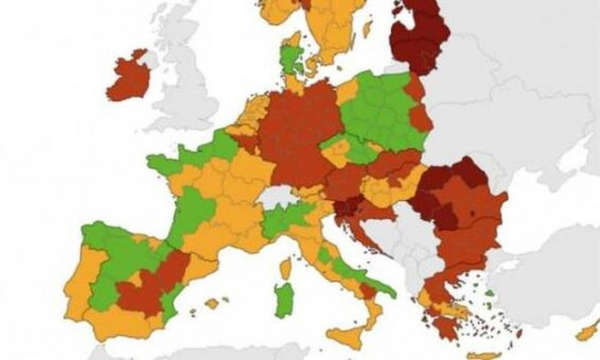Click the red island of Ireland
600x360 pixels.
128,78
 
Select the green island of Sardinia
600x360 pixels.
283,300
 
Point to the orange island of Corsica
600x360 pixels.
286,269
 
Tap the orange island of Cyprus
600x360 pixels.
586,332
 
